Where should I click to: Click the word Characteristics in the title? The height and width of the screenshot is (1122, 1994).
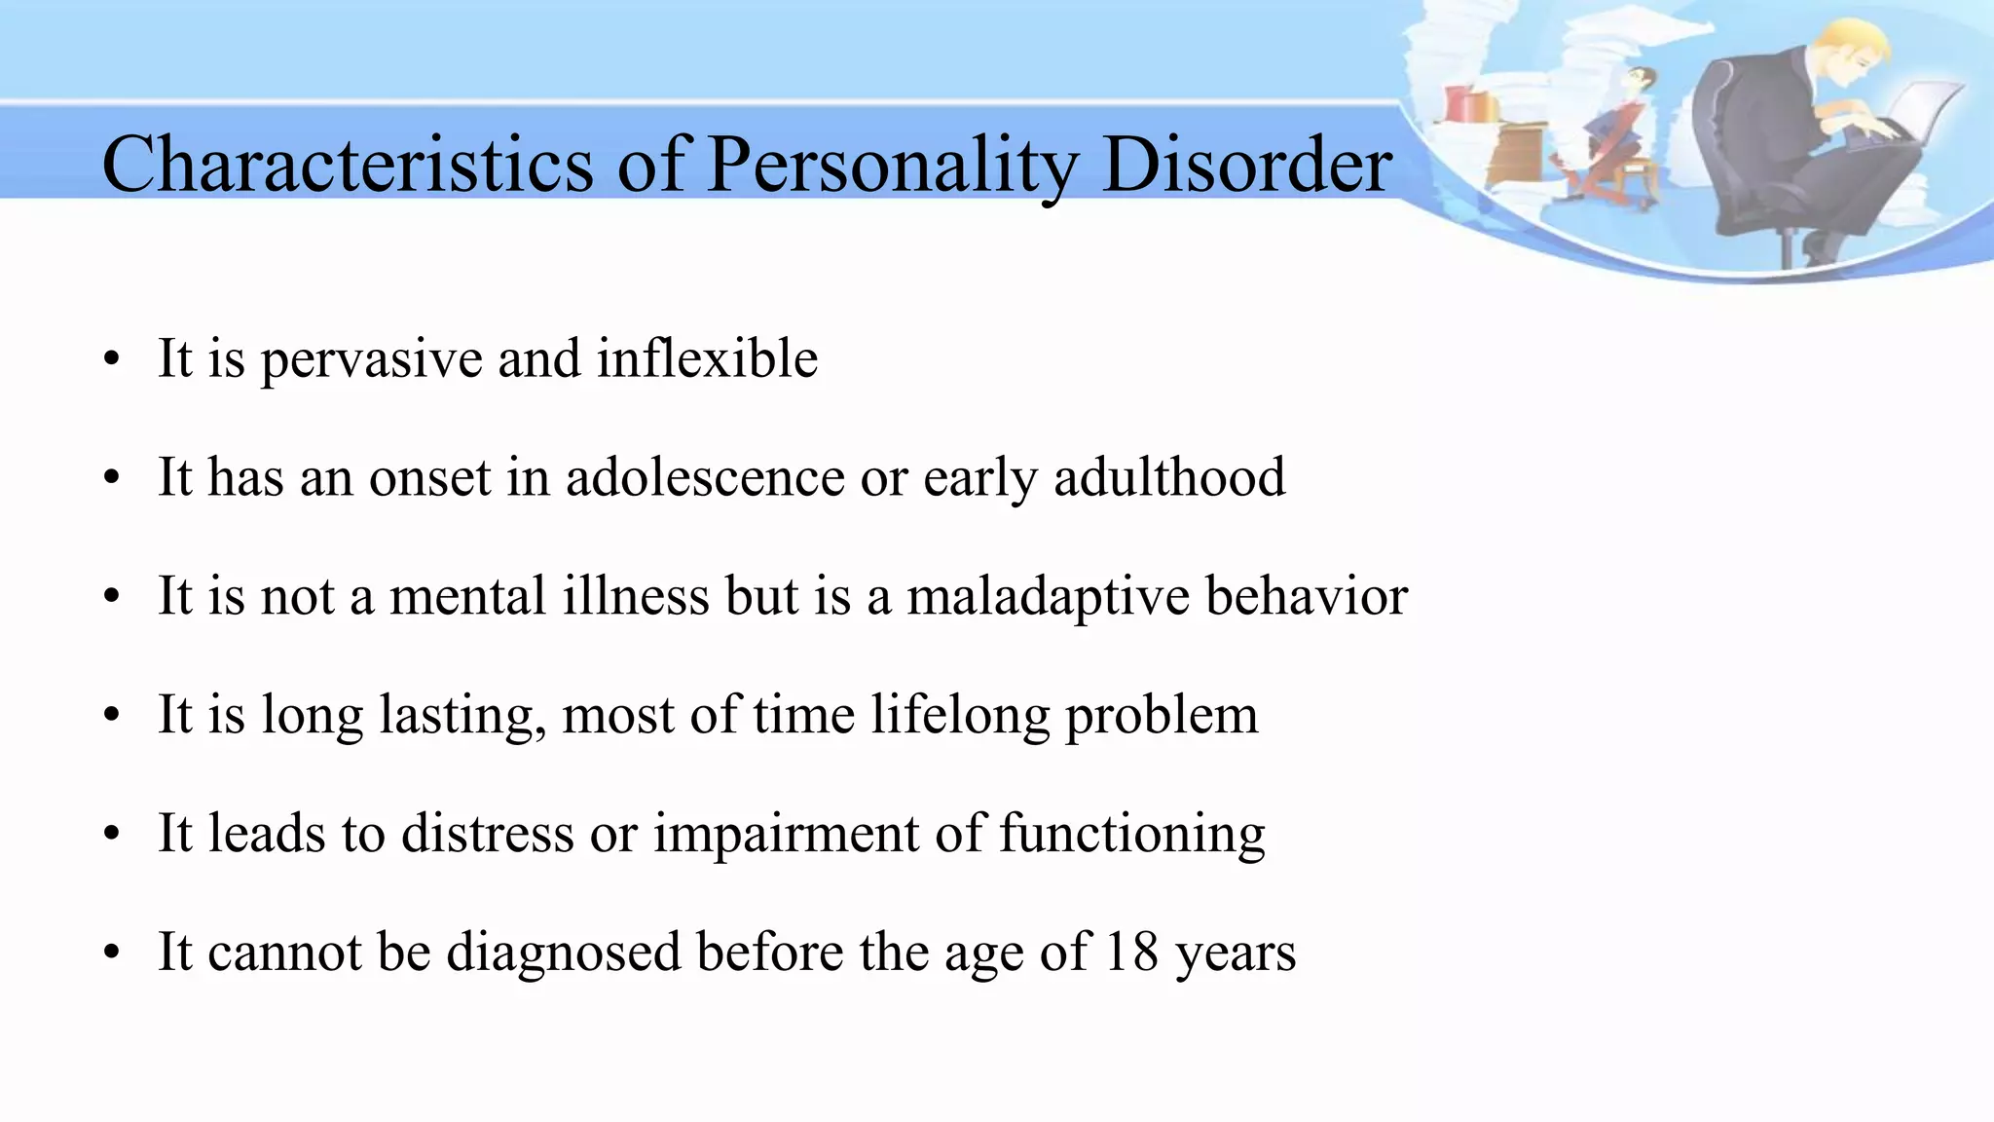(348, 164)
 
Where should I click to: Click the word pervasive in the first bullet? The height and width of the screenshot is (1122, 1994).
(371, 360)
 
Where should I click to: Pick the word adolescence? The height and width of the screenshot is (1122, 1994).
(705, 477)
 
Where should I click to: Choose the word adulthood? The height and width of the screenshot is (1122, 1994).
(1169, 477)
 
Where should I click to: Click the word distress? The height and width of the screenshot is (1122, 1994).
(488, 834)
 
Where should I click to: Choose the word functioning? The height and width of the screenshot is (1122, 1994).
(1132, 836)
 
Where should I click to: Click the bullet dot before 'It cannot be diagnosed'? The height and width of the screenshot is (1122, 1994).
(113, 953)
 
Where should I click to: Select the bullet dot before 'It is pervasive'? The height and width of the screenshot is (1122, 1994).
(113, 360)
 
